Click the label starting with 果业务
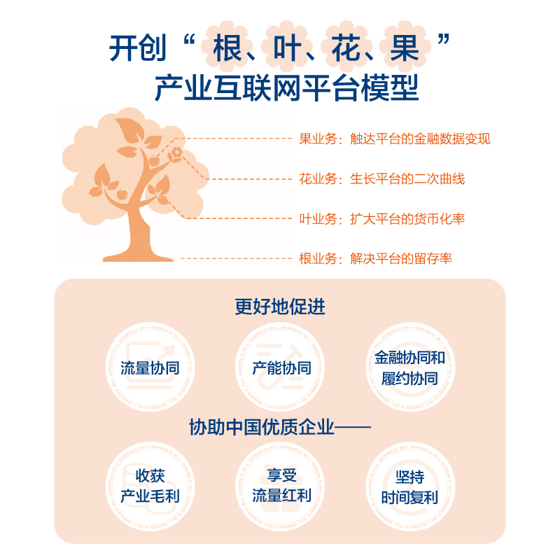395,139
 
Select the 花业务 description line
381,178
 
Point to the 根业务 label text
375,259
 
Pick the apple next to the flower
155,161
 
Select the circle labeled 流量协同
150,368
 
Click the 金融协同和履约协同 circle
409,368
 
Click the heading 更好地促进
280,307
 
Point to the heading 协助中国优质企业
280,426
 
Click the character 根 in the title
227,49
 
